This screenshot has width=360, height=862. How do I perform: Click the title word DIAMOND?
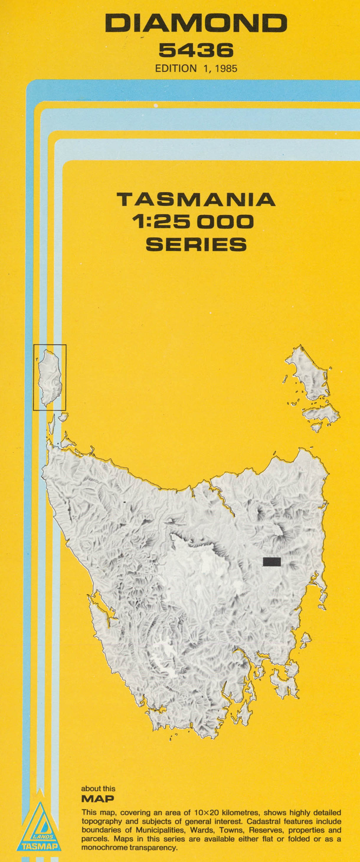pyautogui.click(x=196, y=24)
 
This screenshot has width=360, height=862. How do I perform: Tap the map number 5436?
pyautogui.click(x=196, y=50)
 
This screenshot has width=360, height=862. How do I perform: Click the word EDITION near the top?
pyautogui.click(x=176, y=68)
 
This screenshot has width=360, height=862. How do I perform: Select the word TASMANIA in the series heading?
pyautogui.click(x=196, y=200)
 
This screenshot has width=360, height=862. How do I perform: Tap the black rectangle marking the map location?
pyautogui.click(x=271, y=561)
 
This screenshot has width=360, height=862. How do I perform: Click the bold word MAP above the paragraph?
pyautogui.click(x=98, y=799)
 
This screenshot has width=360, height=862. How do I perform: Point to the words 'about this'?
pyautogui.click(x=98, y=789)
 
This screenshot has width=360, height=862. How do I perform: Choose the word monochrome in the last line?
pyautogui.click(x=104, y=848)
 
